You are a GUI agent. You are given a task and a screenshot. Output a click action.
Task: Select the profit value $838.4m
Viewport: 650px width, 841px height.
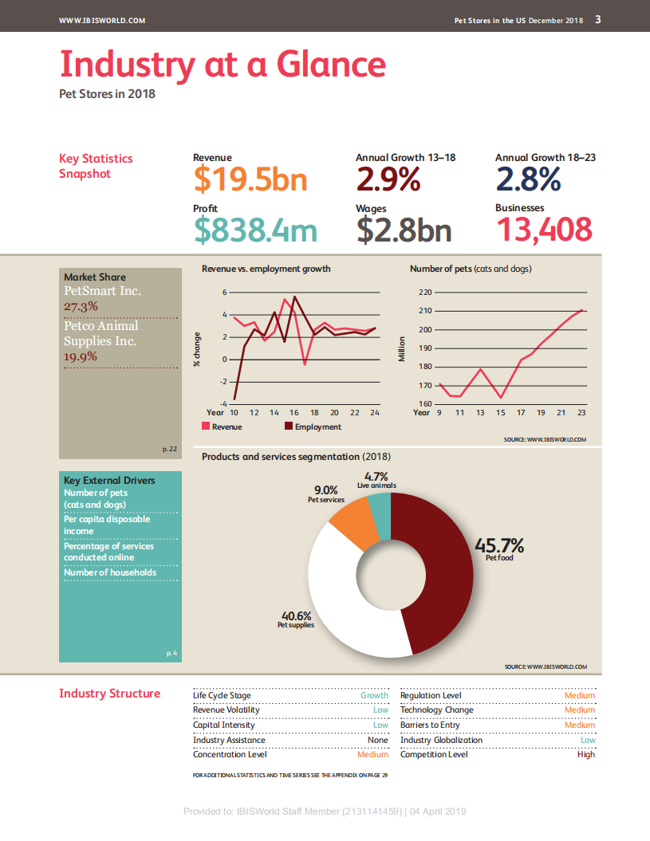click(255, 230)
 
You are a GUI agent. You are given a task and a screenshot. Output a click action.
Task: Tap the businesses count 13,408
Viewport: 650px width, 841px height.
click(544, 230)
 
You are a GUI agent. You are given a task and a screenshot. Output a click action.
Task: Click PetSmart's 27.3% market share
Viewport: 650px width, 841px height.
click(81, 306)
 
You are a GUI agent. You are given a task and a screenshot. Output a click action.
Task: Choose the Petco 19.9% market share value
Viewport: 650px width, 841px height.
click(81, 356)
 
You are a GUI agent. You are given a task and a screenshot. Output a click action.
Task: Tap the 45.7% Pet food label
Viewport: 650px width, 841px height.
click(499, 546)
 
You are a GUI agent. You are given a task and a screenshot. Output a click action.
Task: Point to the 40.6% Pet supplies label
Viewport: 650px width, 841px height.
click(295, 616)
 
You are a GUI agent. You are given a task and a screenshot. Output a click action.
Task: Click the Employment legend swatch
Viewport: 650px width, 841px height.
click(289, 427)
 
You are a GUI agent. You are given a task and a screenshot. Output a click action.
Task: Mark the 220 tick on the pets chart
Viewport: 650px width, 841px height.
click(424, 293)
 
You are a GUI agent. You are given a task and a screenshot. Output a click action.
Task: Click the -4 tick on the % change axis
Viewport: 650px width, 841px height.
click(224, 404)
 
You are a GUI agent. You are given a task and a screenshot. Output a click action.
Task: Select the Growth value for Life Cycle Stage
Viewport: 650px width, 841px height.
click(374, 695)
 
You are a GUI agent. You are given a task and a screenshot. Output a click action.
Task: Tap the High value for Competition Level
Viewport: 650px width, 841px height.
click(585, 754)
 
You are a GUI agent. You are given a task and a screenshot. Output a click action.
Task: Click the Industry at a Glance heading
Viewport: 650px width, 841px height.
click(223, 64)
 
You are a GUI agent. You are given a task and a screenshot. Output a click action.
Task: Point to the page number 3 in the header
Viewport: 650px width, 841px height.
click(598, 20)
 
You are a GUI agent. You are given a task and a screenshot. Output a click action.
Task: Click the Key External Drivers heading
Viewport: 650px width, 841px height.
click(109, 481)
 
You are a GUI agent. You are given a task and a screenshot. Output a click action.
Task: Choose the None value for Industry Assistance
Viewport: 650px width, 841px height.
click(377, 740)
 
